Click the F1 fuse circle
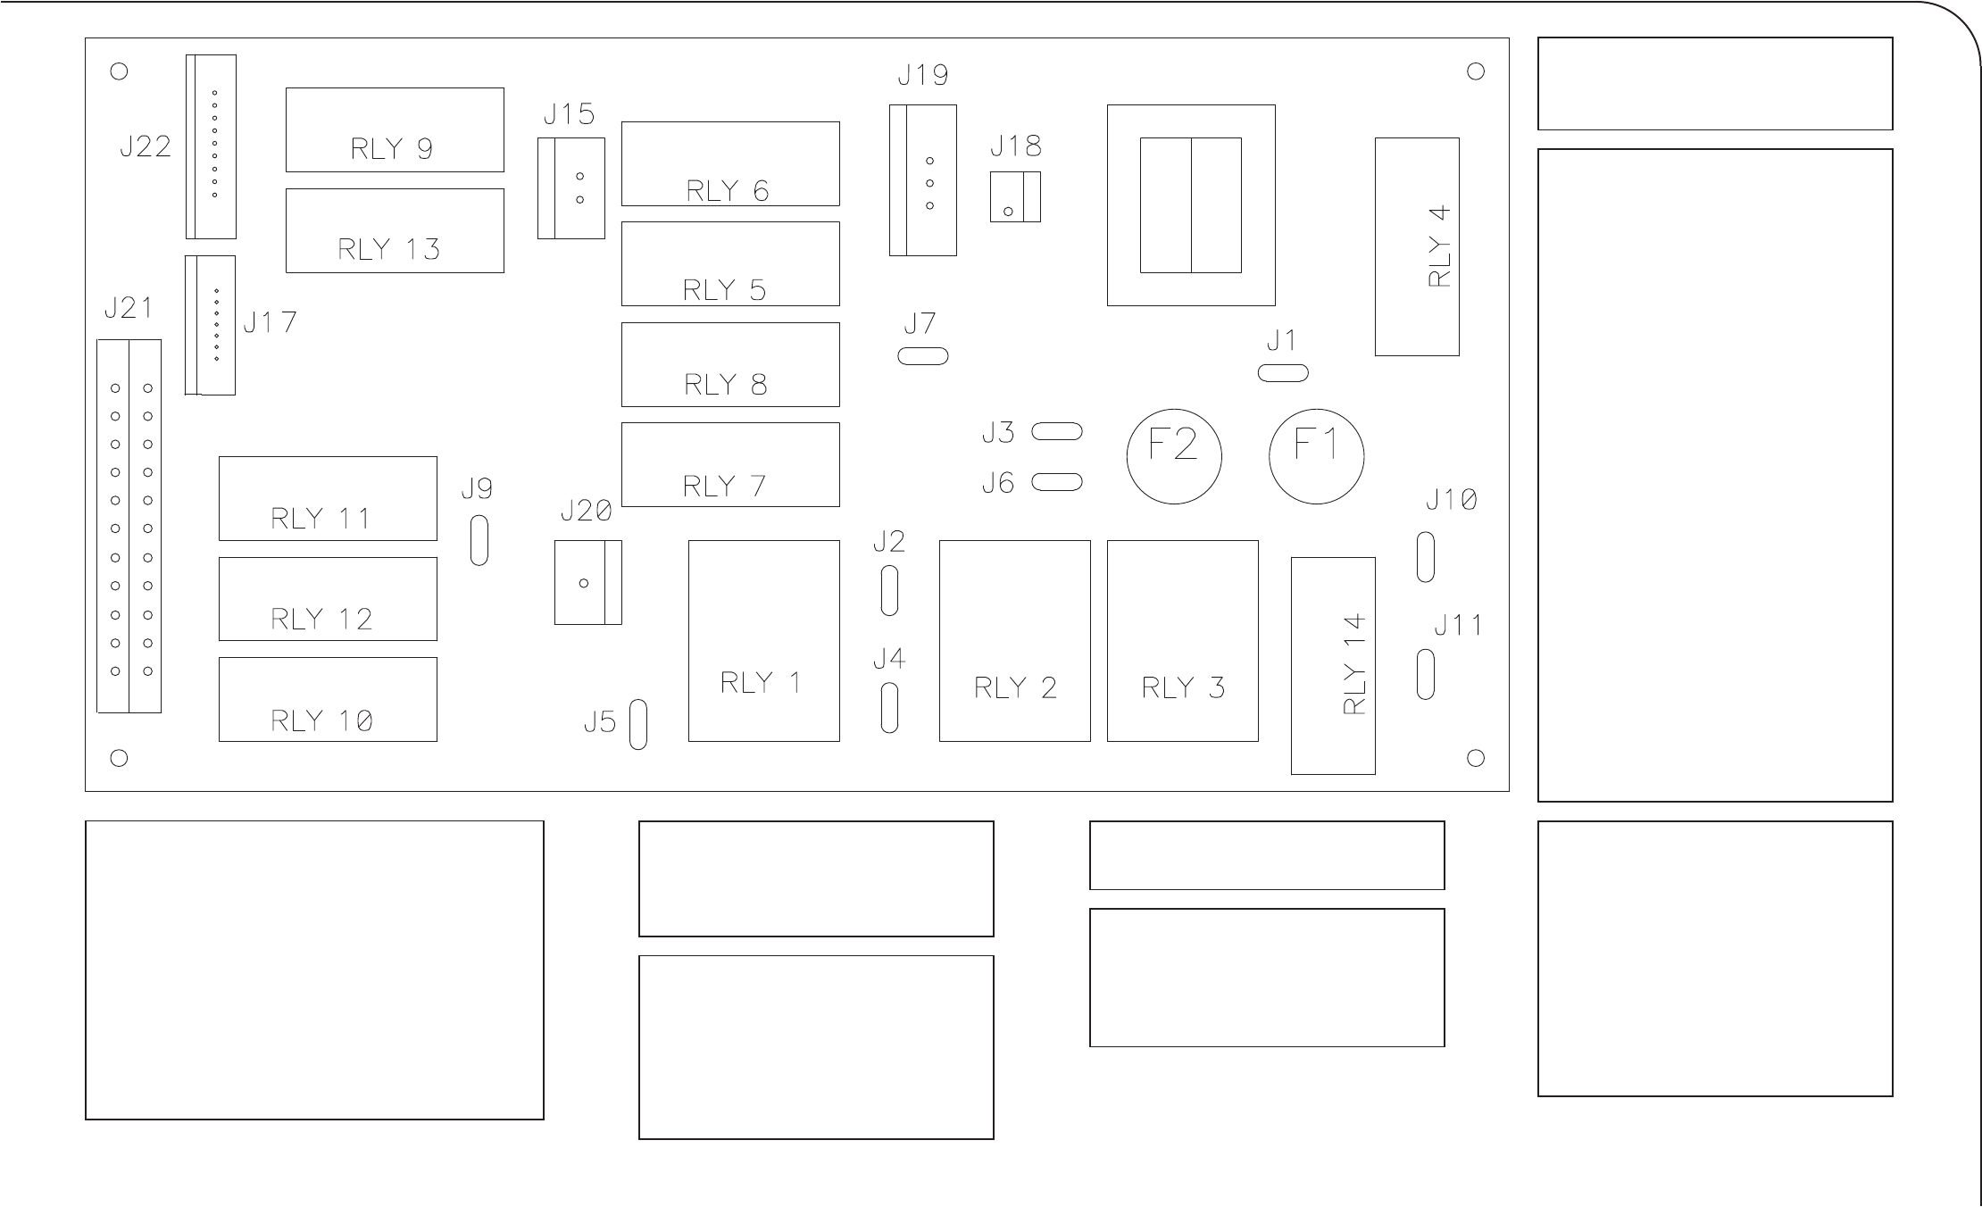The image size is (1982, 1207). pos(1316,455)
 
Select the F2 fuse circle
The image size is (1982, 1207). pos(1174,455)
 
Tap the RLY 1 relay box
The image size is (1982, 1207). pos(763,640)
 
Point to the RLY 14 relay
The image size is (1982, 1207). pos(1333,665)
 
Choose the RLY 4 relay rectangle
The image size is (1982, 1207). pos(1417,246)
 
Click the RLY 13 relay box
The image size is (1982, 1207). pos(395,230)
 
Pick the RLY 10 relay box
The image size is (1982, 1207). pos(328,699)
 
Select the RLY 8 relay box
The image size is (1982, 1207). pos(730,364)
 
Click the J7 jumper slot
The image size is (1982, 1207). pos(922,356)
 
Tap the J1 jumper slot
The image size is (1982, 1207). pos(1283,373)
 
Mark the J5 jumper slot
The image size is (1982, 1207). pos(638,724)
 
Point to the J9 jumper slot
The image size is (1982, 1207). pos(479,540)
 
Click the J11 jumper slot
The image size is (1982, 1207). pos(1426,674)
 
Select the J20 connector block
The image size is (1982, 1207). pos(587,582)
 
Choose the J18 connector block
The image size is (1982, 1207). pos(1015,197)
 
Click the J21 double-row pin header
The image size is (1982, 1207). pos(129,526)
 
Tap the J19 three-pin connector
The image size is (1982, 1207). pos(923,180)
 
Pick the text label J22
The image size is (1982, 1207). pos(145,146)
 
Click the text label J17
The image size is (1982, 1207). pos(270,322)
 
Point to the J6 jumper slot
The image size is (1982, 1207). pos(1057,482)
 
